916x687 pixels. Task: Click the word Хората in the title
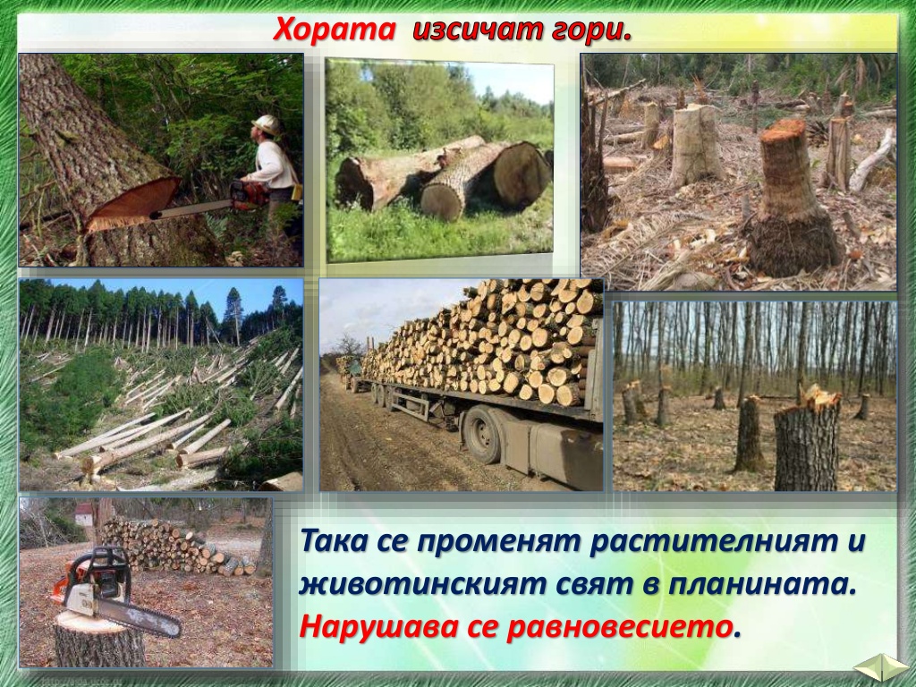(334, 29)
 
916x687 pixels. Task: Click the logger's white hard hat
(266, 123)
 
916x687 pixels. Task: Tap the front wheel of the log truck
(482, 435)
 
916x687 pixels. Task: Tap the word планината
(759, 585)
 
